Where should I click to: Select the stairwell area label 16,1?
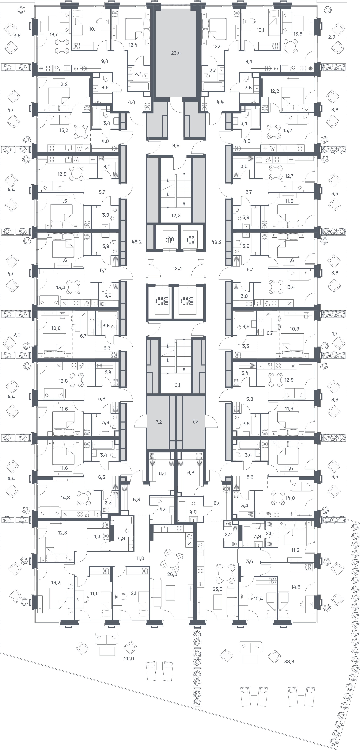click(x=176, y=385)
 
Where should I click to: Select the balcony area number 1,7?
click(x=335, y=334)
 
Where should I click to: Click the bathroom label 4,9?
click(x=121, y=538)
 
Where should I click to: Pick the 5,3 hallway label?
click(x=136, y=500)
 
